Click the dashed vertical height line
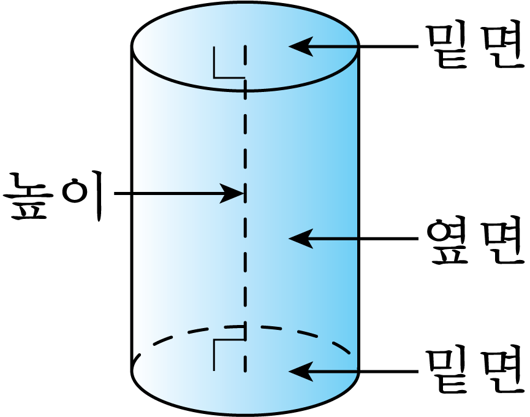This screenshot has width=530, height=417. (245, 208)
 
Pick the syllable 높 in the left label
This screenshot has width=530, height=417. (28, 197)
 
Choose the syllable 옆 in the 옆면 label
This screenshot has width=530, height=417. (448, 239)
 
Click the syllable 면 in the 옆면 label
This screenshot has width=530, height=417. (503, 239)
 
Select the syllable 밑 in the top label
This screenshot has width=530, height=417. (448, 45)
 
